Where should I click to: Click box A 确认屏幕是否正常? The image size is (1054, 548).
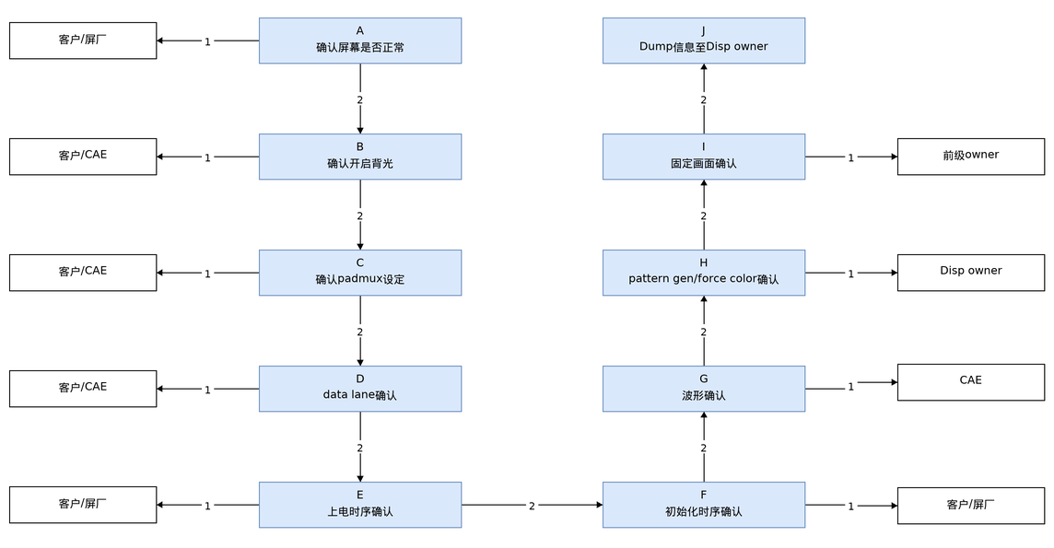pos(360,41)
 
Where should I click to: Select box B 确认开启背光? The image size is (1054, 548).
pos(360,157)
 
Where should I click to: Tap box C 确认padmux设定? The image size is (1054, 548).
pos(360,273)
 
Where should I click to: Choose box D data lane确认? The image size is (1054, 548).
pos(360,389)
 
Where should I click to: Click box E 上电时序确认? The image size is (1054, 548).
pos(360,505)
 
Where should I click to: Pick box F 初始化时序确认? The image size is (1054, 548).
pos(704,505)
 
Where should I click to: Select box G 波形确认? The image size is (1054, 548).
pos(704,389)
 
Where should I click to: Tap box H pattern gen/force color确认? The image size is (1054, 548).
pos(704,273)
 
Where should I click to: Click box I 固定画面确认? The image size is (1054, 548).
pos(704,157)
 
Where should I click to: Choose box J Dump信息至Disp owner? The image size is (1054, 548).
pos(704,41)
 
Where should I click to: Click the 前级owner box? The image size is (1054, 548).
pos(971,157)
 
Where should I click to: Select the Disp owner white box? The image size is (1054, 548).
pos(971,273)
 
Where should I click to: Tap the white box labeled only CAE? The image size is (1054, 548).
pos(971,382)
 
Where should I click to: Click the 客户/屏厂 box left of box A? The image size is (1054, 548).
pos(83,41)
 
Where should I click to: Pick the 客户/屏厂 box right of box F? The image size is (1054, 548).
pos(971,506)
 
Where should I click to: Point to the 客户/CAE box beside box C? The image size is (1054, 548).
pos(83,273)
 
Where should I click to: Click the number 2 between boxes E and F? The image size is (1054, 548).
pos(532,506)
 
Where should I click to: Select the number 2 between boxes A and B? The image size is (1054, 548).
pos(360,100)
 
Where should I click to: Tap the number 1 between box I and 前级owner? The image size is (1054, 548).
pos(850,157)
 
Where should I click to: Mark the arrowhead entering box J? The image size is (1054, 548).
pos(704,68)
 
